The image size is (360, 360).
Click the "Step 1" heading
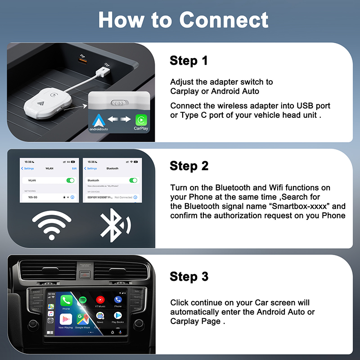coord(189,61)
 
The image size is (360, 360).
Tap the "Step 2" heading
coord(189,166)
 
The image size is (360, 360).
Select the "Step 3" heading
coord(189,276)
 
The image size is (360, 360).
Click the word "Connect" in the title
coord(224,20)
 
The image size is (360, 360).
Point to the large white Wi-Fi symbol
coord(51,223)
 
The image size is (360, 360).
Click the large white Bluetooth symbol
coord(114,223)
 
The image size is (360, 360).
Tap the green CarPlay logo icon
coord(141,120)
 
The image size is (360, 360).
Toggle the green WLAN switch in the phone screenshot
coord(70,180)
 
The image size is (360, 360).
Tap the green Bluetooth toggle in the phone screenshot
coord(133,180)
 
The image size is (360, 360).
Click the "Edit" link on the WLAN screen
coord(74,168)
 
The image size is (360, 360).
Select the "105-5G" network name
coord(33,197)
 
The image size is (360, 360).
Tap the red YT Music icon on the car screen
coord(100,299)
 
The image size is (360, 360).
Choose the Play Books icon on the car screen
coord(117,316)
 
